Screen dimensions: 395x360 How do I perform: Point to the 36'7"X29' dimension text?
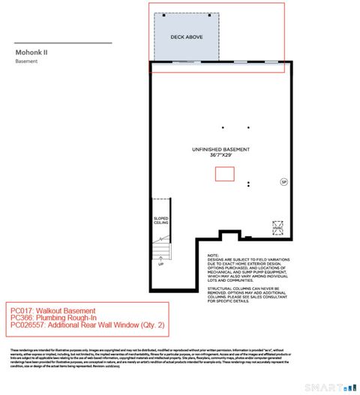pos(220,156)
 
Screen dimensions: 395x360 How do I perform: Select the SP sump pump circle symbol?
pos(283,181)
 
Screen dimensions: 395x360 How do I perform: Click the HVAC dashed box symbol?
pos(277,227)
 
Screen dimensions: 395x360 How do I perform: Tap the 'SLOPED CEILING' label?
pos(160,221)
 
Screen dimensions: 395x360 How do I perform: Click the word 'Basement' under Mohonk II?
pos(26,61)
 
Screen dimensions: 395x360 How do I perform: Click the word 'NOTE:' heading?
pos(213,255)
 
